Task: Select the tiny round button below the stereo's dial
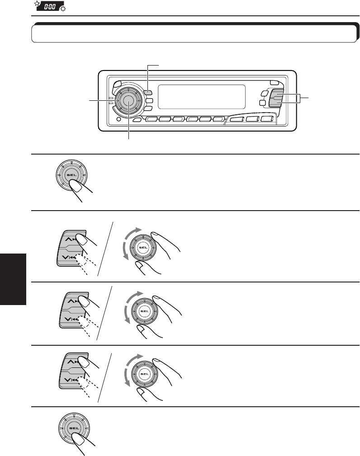click(x=118, y=120)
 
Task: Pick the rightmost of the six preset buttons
click(x=219, y=120)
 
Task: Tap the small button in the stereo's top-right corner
click(x=275, y=83)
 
